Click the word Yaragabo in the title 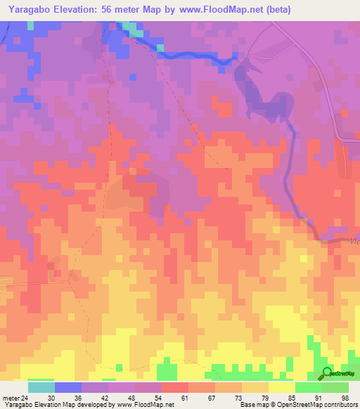pyautogui.click(x=27, y=9)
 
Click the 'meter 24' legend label pyautogui.click(x=14, y=397)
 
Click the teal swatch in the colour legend pyautogui.click(x=41, y=387)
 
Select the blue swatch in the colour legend pyautogui.click(x=68, y=387)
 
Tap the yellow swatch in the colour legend pyautogui.click(x=282, y=387)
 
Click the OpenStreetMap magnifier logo pyautogui.click(x=327, y=372)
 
